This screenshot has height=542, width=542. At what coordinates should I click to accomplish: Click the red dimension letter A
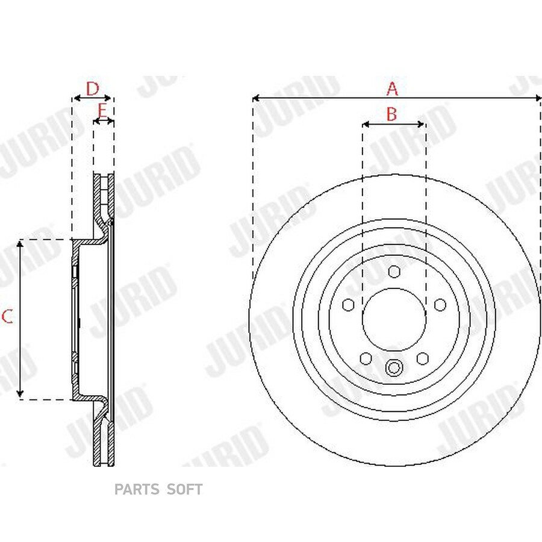pyautogui.click(x=392, y=89)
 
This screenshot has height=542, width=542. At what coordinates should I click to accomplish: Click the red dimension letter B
pyautogui.click(x=391, y=114)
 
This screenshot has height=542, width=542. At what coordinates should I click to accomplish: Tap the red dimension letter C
pyautogui.click(x=7, y=316)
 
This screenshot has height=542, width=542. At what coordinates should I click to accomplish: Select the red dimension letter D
pyautogui.click(x=92, y=89)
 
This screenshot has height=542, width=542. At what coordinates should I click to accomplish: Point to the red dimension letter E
pyautogui.click(x=102, y=111)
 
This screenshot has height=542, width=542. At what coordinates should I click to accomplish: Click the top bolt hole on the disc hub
pyautogui.click(x=394, y=272)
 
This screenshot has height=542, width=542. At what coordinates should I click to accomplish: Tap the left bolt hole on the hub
pyautogui.click(x=348, y=305)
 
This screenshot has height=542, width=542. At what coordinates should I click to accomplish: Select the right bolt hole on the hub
pyautogui.click(x=440, y=305)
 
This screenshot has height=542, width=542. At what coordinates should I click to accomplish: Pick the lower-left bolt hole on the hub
pyautogui.click(x=366, y=358)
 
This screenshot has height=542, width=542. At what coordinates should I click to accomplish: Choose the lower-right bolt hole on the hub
pyautogui.click(x=422, y=358)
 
